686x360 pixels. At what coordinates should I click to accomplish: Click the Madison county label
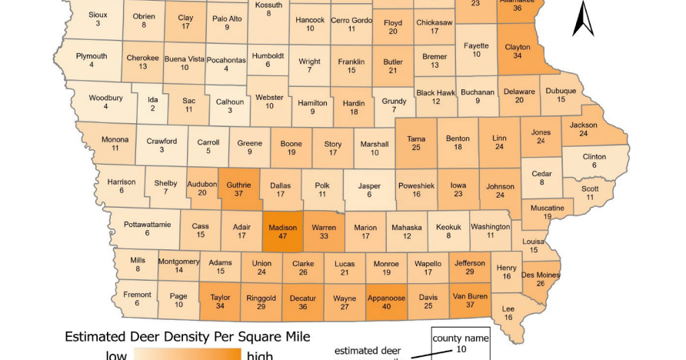pyautogui.click(x=282, y=228)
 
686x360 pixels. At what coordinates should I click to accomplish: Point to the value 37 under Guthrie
pyautogui.click(x=239, y=195)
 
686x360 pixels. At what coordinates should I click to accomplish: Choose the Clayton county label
pyautogui.click(x=518, y=46)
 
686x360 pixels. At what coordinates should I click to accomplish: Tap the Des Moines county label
pyautogui.click(x=539, y=274)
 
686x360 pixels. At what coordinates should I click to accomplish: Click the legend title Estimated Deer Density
pyautogui.click(x=188, y=336)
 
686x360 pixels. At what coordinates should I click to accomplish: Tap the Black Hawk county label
pyautogui.click(x=435, y=92)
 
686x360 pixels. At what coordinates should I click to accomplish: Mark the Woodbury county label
pyautogui.click(x=105, y=98)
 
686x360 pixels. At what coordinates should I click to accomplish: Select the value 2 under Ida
pyautogui.click(x=152, y=108)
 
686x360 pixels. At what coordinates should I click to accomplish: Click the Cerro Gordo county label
pyautogui.click(x=351, y=20)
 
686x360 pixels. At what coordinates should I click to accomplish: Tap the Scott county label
pyautogui.click(x=590, y=188)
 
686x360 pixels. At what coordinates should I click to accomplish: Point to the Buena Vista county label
pyautogui.click(x=185, y=58)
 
